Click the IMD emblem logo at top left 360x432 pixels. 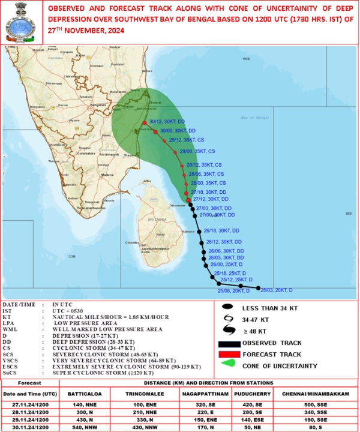click(20, 23)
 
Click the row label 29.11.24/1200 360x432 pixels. click(30, 419)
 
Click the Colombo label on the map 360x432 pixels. click(133, 242)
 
